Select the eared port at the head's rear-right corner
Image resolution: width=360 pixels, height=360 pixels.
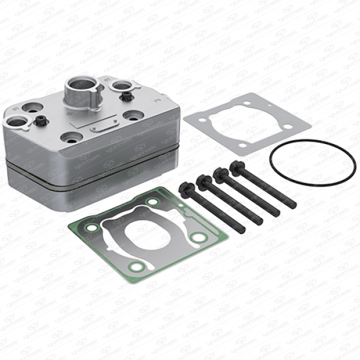tap(121, 86)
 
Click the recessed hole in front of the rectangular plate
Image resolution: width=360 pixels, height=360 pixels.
tap(71, 137)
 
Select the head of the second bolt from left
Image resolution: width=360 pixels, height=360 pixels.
tap(204, 180)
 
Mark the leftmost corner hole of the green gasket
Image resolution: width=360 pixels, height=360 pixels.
tap(91, 227)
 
